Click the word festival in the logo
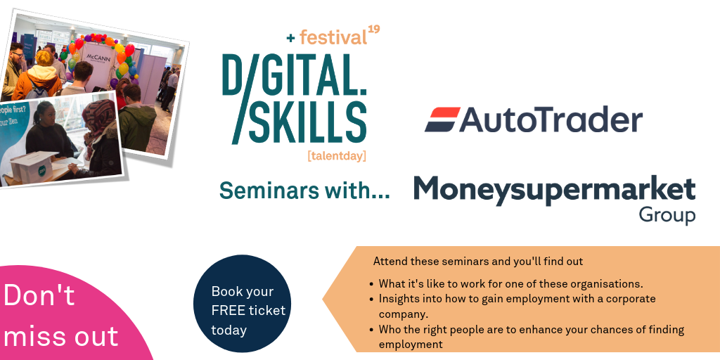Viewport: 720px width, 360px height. (x=333, y=37)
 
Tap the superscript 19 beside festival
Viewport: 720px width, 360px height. (x=374, y=30)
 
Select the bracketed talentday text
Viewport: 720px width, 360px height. (x=337, y=156)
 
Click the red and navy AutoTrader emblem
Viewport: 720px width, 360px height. (x=442, y=120)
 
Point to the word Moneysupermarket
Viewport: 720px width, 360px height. (x=555, y=189)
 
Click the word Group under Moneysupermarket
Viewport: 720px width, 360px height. (x=667, y=215)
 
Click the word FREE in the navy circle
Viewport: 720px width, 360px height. (x=230, y=310)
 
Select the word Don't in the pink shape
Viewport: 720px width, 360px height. (x=39, y=295)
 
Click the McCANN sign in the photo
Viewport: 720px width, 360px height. (x=98, y=58)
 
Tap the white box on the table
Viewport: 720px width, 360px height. (x=33, y=166)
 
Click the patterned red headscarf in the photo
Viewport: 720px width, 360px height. (x=98, y=117)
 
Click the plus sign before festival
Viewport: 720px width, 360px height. (x=291, y=39)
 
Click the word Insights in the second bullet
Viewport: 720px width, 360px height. (x=397, y=299)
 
